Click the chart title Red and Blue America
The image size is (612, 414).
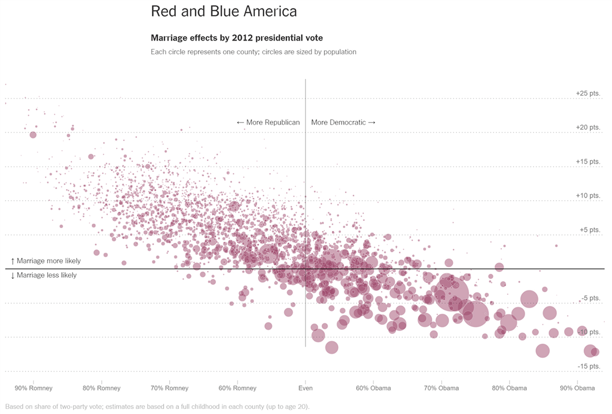pyautogui.click(x=224, y=12)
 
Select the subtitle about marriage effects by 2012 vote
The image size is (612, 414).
pyautogui.click(x=236, y=38)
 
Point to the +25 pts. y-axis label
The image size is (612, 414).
pyautogui.click(x=588, y=93)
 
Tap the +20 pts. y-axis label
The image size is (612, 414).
pyautogui.click(x=588, y=127)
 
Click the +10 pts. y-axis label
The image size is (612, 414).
pyautogui.click(x=588, y=196)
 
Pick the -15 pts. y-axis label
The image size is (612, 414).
pyautogui.click(x=589, y=366)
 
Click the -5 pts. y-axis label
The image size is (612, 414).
pyautogui.click(x=590, y=298)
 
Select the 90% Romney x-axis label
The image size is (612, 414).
pyautogui.click(x=33, y=388)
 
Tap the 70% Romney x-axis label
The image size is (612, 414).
pyautogui.click(x=169, y=388)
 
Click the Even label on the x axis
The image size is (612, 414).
pyautogui.click(x=305, y=388)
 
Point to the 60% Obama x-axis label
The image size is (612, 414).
pyautogui.click(x=373, y=388)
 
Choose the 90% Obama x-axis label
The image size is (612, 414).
pyautogui.click(x=577, y=388)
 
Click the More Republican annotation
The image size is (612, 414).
pyautogui.click(x=268, y=122)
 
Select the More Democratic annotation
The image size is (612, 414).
pyautogui.click(x=343, y=122)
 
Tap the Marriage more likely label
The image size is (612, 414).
pyautogui.click(x=46, y=261)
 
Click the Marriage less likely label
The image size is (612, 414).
pyautogui.click(x=44, y=275)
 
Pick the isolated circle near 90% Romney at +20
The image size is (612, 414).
pyautogui.click(x=33, y=135)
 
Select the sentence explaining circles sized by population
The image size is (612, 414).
pyautogui.click(x=253, y=52)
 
